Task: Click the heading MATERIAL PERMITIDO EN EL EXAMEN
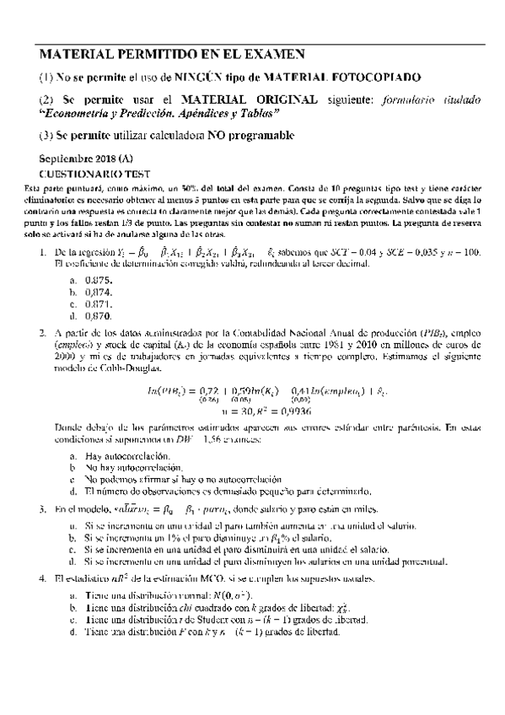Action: pos(172,55)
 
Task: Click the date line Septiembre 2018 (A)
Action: pos(85,159)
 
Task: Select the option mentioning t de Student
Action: pos(223,619)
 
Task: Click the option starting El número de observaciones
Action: pos(228,491)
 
